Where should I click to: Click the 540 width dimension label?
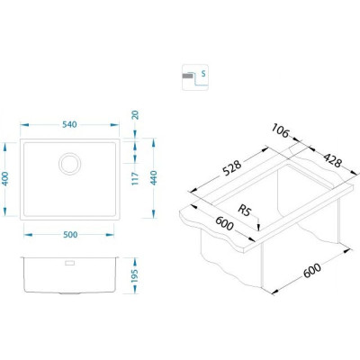click(x=69, y=124)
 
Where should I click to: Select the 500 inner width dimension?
click(x=70, y=235)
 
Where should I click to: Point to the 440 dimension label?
click(x=154, y=177)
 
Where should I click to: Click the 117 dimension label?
click(x=135, y=178)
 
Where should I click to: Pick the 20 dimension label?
click(x=136, y=115)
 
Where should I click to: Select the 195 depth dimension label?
click(x=134, y=275)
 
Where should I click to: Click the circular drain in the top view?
click(x=69, y=164)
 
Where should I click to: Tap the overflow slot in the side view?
click(x=69, y=263)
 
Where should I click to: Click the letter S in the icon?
click(x=203, y=74)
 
